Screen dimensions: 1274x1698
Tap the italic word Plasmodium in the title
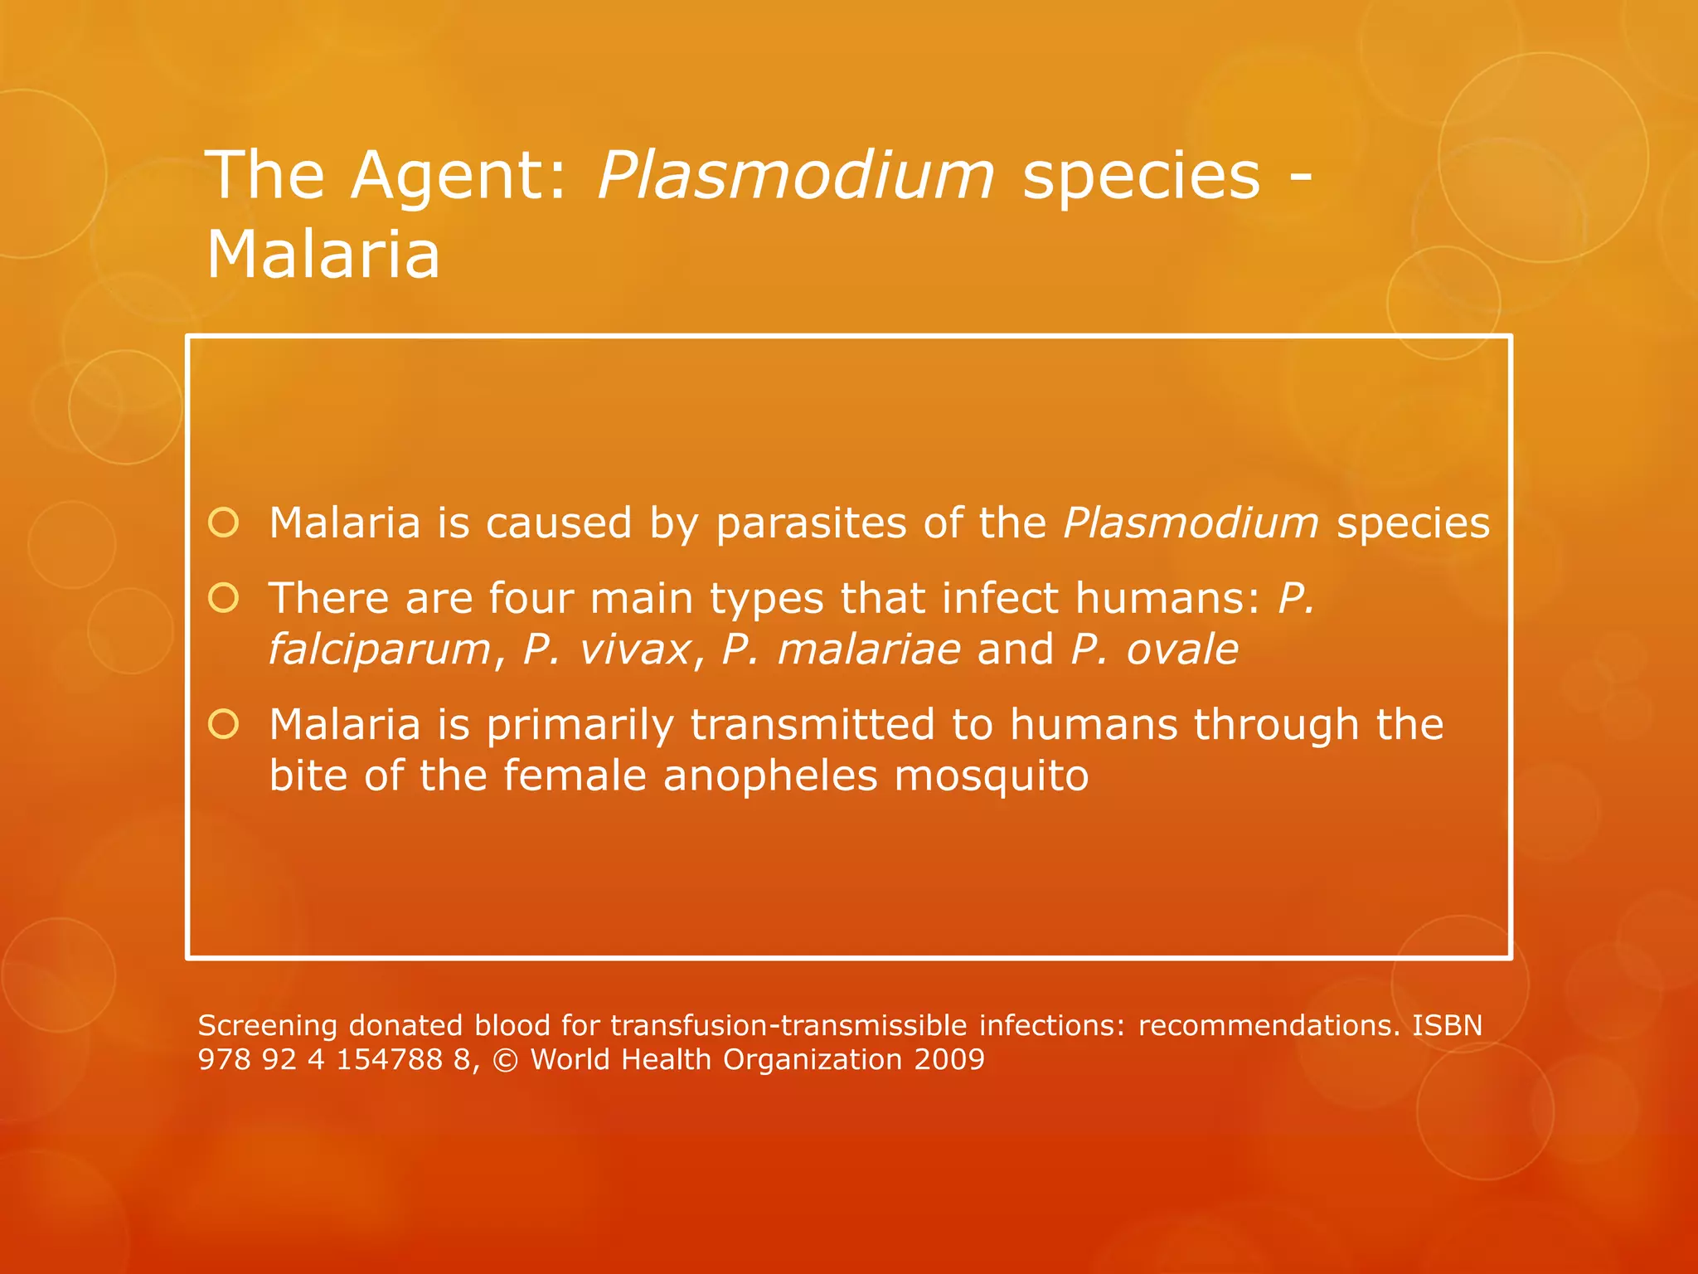(x=795, y=176)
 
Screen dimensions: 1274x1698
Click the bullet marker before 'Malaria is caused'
(x=224, y=523)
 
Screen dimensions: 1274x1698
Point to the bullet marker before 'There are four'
(x=224, y=598)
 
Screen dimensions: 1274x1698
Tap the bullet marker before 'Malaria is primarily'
(x=224, y=724)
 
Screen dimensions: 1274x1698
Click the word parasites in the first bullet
(x=811, y=524)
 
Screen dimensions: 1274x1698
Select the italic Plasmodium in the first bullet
(x=1191, y=524)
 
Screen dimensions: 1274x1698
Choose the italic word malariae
(x=869, y=649)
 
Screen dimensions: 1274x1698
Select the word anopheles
(x=770, y=776)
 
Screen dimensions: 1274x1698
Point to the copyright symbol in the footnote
(x=505, y=1060)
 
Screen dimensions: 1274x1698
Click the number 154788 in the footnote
(x=389, y=1060)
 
